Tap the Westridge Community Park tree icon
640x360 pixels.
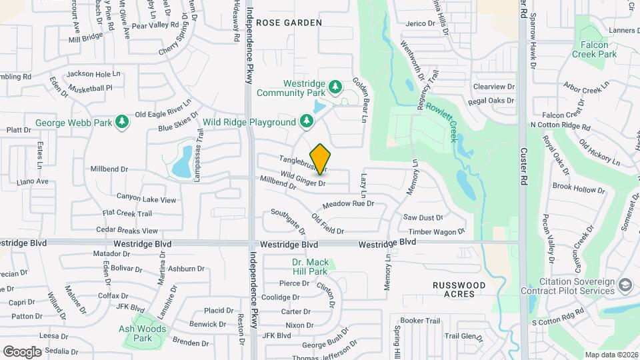tap(336, 87)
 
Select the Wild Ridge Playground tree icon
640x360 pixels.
tap(306, 122)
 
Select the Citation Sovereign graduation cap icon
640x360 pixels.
tap(625, 286)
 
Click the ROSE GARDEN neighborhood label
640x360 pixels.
tap(289, 23)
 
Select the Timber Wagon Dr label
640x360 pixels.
tap(436, 232)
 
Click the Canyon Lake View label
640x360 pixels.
tap(146, 199)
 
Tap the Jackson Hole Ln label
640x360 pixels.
tap(94, 74)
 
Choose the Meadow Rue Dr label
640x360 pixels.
tap(348, 204)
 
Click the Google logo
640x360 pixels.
tap(22, 351)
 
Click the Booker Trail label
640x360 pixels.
tap(421, 321)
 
